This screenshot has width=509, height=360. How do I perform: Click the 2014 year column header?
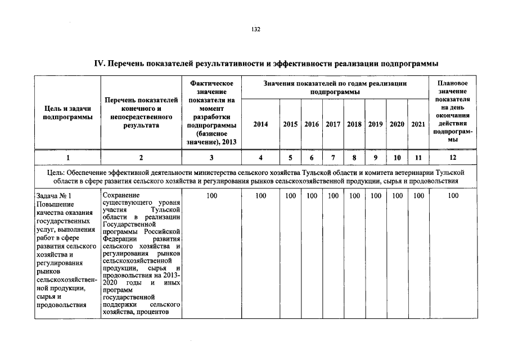tap(260, 124)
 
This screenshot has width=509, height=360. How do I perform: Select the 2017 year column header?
tap(333, 124)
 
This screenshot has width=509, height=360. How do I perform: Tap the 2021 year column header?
tap(418, 124)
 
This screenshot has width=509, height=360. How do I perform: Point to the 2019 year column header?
tap(375, 124)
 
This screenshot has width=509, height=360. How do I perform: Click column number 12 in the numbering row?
tap(453, 158)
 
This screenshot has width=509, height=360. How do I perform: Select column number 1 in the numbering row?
tap(67, 158)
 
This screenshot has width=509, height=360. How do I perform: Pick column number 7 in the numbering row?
tap(333, 158)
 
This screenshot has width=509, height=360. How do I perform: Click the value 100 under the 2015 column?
tap(290, 196)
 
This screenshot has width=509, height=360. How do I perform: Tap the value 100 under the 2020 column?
tap(397, 196)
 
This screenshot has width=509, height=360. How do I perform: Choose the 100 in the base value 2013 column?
tap(211, 196)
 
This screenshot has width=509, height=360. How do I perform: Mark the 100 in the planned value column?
tap(453, 196)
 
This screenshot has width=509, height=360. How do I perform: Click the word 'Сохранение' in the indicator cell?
tap(120, 195)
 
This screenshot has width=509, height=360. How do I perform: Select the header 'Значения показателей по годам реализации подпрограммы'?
tap(335, 87)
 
